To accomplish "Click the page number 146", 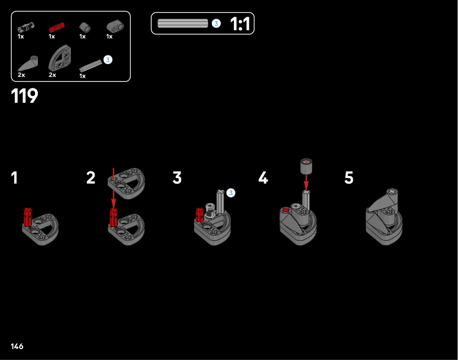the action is pos(17,347).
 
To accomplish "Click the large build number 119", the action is pos(25,96).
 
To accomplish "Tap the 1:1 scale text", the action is pos(240,24).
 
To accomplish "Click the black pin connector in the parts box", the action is pos(26,27).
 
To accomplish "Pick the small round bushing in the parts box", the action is pos(85,27).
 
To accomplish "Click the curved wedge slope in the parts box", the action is pos(28,64).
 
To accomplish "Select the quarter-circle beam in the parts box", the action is pos(60,58).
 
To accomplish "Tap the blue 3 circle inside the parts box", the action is pos(108,60).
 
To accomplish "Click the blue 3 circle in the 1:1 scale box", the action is pos(216,24).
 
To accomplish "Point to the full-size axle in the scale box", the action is pos(183,24).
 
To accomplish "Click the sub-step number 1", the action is pos(14,178).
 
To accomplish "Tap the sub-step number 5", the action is pos(349,178).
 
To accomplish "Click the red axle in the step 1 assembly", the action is pos(28,217).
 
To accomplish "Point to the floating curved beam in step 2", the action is pos(126,184).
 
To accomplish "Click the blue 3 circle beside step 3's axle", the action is pos(231,193).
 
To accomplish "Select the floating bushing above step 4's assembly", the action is pos(306,165).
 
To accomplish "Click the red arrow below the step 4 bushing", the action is pos(306,182).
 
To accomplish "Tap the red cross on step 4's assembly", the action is pos(286,211).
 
